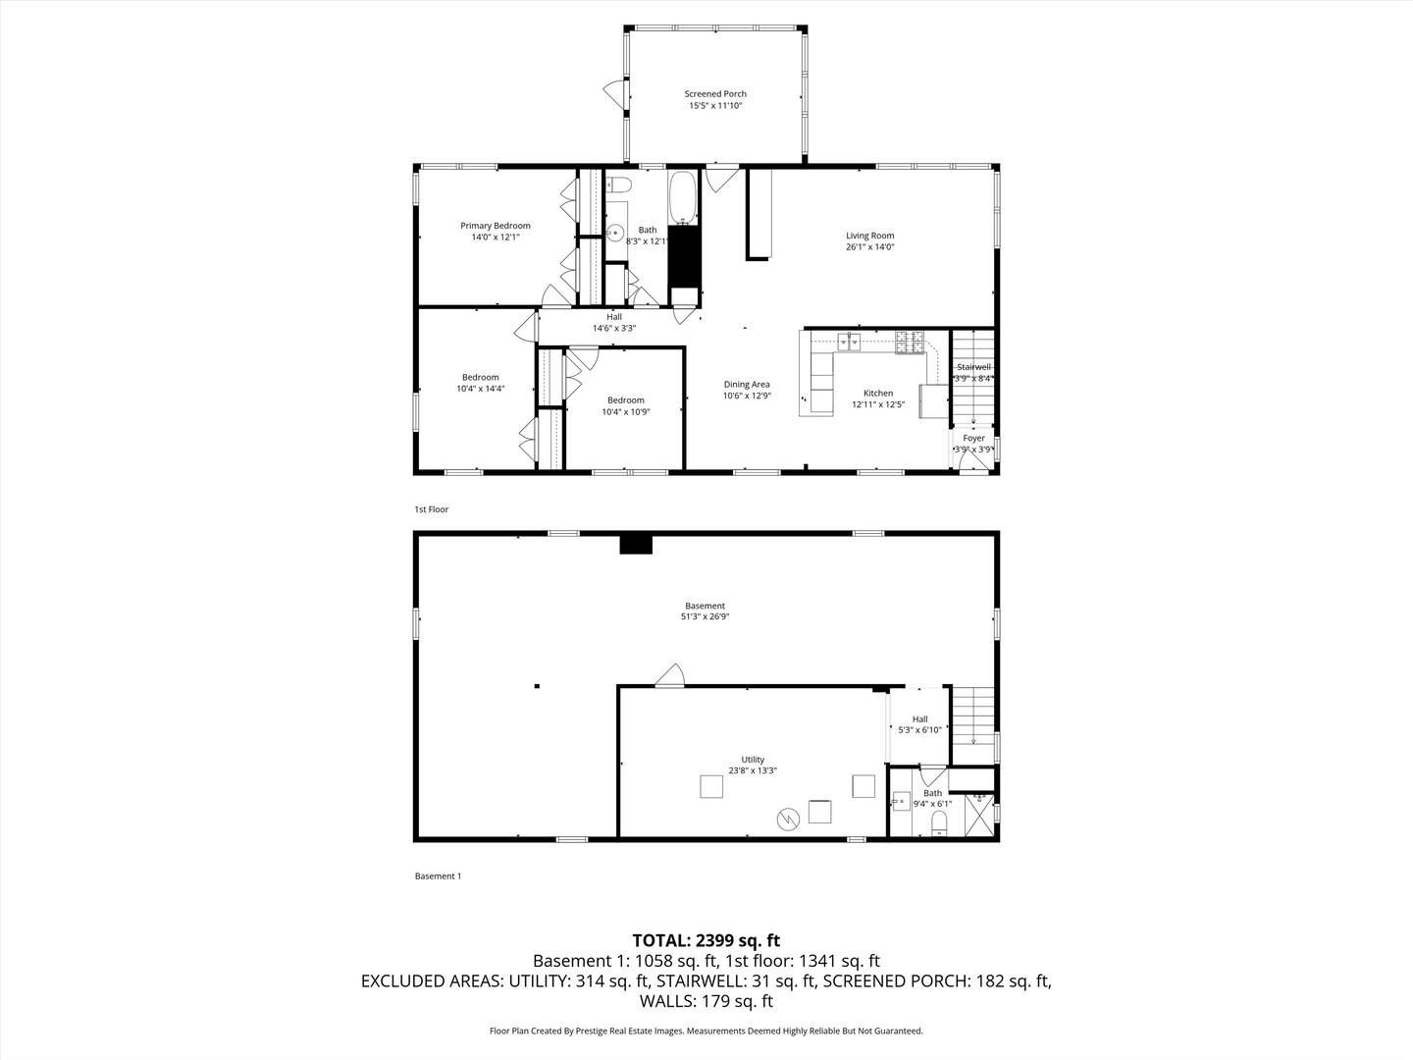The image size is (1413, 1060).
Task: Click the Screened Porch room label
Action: (715, 94)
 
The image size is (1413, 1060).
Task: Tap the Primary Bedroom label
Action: (496, 226)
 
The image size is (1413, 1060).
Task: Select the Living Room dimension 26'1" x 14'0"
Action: (870, 247)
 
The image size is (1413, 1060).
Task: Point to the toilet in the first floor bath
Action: (619, 185)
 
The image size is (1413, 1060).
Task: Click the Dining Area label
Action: (747, 385)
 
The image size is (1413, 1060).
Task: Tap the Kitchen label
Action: (878, 393)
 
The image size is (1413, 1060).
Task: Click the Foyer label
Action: (973, 438)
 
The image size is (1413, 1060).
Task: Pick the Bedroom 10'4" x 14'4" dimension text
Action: (481, 389)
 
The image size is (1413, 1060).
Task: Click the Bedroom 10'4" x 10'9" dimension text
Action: (626, 412)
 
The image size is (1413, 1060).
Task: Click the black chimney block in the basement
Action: (636, 544)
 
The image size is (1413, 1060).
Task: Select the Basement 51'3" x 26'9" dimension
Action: (706, 617)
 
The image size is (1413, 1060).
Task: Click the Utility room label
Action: (753, 760)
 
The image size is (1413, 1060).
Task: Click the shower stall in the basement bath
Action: (976, 814)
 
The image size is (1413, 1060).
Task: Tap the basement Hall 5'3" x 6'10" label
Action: (919, 719)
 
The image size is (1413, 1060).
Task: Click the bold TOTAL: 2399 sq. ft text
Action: (706, 939)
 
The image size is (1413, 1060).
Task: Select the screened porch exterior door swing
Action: (614, 94)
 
